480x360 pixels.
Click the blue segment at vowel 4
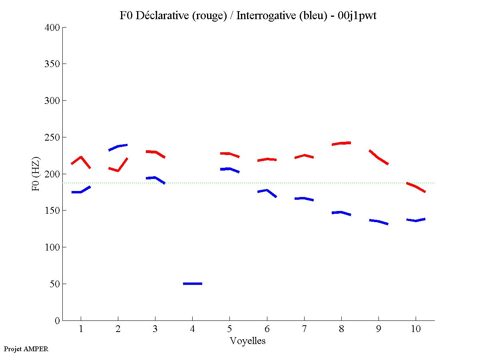click(x=193, y=284)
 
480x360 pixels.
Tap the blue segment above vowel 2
click(x=118, y=147)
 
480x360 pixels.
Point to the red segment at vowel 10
click(x=416, y=187)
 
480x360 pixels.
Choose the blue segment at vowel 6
click(x=267, y=191)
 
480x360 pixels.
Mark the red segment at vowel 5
click(x=229, y=154)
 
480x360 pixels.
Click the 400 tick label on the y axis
click(x=52, y=28)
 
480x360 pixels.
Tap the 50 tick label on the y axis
click(x=55, y=284)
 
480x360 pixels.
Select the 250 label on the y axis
click(x=52, y=137)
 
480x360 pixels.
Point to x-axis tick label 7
click(x=304, y=329)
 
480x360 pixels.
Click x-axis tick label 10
click(x=416, y=329)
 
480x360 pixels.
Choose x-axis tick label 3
click(x=155, y=329)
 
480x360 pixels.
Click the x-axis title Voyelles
click(x=248, y=341)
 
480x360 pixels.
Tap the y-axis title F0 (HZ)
click(x=36, y=174)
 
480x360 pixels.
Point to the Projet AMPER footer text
click(x=26, y=349)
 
